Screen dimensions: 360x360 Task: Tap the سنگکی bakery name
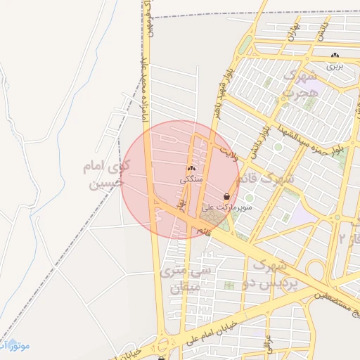click(x=191, y=179)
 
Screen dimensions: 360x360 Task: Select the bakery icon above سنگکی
click(x=191, y=169)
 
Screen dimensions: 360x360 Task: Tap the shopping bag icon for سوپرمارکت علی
click(x=226, y=195)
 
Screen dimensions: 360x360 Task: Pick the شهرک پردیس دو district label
click(x=276, y=274)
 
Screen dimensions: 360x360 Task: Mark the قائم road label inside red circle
click(x=205, y=231)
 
